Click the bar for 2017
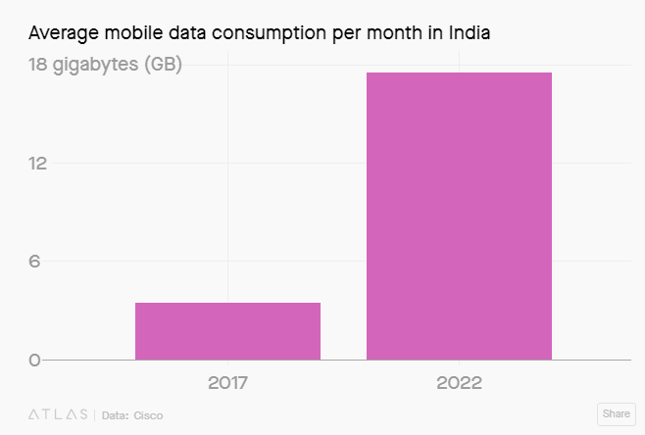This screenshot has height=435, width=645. pyautogui.click(x=227, y=331)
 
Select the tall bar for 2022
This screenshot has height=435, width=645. pyautogui.click(x=459, y=216)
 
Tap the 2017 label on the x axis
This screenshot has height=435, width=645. pyautogui.click(x=227, y=382)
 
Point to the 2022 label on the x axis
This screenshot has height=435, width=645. pyautogui.click(x=459, y=382)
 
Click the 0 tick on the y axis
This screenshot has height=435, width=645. pyautogui.click(x=34, y=360)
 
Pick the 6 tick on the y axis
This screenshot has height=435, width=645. pyautogui.click(x=34, y=262)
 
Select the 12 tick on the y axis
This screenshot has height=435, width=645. pyautogui.click(x=38, y=164)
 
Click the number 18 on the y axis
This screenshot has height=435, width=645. pyautogui.click(x=39, y=66)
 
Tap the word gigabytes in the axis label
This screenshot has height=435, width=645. pyautogui.click(x=97, y=67)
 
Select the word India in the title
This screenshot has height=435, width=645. pyautogui.click(x=469, y=33)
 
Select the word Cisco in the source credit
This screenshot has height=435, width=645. pyautogui.click(x=148, y=415)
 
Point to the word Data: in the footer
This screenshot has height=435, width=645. pyautogui.click(x=115, y=415)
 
